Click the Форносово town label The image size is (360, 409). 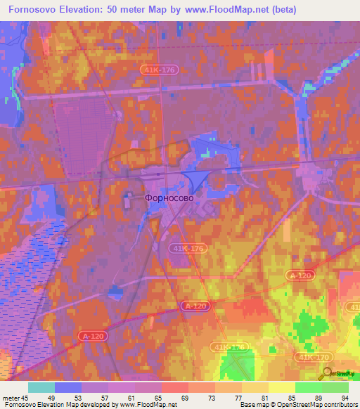click(169, 198)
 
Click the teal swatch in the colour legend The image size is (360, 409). click(41, 387)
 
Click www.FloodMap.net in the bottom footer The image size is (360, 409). click(148, 405)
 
